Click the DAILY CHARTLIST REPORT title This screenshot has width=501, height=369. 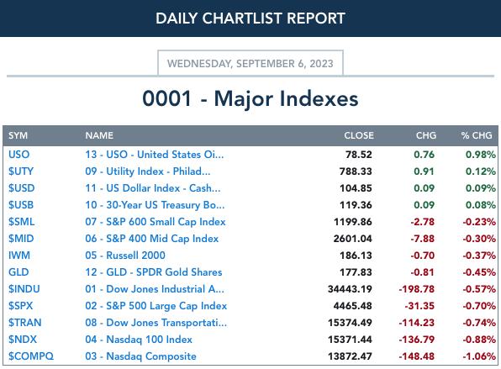[250, 18]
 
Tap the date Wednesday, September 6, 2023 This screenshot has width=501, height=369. [250, 64]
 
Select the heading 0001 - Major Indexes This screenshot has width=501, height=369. [250, 98]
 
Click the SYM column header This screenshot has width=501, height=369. [18, 135]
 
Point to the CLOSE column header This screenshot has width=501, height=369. [359, 135]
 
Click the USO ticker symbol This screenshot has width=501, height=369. [18, 155]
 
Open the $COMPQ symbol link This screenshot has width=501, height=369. [31, 356]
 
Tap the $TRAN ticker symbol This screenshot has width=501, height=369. [25, 323]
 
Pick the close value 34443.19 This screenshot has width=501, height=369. [350, 289]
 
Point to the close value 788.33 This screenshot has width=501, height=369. [356, 171]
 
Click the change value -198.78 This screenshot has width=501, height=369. [417, 289]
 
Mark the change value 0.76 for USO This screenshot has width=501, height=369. [424, 155]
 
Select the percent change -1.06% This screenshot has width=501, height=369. [479, 356]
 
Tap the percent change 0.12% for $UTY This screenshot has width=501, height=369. [481, 171]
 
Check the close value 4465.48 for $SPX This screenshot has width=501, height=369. [353, 306]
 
